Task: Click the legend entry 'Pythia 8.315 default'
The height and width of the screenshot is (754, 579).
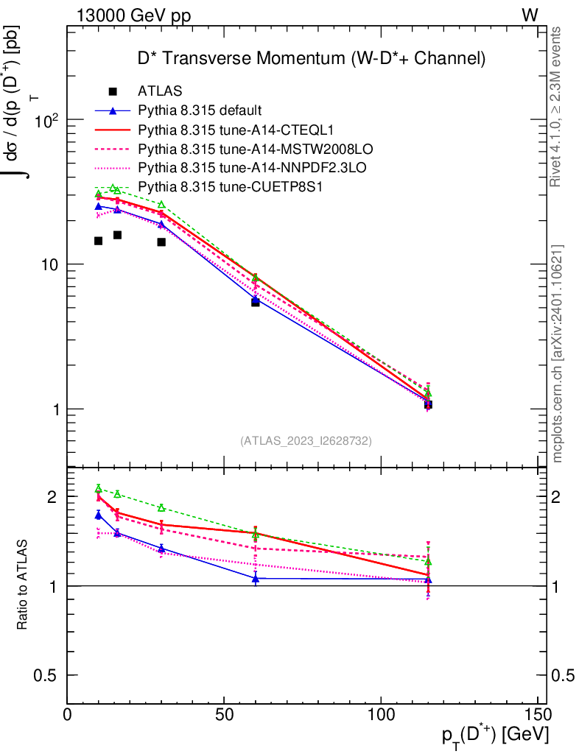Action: [200, 111]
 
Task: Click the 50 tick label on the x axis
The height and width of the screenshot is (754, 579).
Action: [224, 715]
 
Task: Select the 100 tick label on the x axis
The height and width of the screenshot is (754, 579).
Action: [381, 715]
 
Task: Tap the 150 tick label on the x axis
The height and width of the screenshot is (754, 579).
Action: [537, 715]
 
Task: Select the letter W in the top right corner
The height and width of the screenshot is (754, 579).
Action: [530, 15]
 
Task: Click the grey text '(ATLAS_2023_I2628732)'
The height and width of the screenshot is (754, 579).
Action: [306, 441]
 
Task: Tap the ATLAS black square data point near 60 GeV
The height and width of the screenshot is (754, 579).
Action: [256, 302]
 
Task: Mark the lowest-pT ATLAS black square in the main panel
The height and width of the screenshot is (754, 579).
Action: [98, 241]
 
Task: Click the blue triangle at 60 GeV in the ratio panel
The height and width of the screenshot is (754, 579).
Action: [256, 579]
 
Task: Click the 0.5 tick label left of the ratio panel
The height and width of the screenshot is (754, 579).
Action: [49, 675]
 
